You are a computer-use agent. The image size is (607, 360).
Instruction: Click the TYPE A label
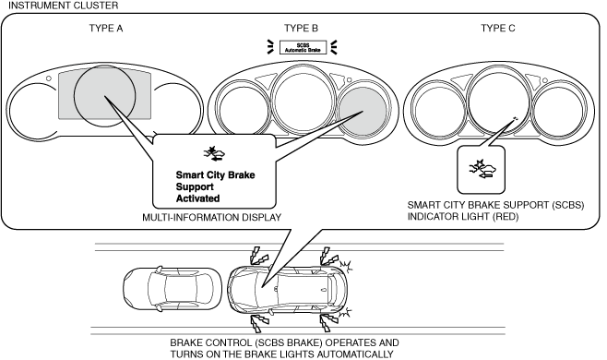pyautogui.click(x=106, y=29)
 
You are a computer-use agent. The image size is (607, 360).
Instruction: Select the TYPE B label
pyautogui.click(x=301, y=29)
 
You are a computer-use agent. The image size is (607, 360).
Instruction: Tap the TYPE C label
pyautogui.click(x=498, y=29)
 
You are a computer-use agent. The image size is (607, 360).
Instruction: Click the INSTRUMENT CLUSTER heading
pyautogui.click(x=63, y=6)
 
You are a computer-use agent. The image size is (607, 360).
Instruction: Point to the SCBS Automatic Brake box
pyautogui.click(x=303, y=47)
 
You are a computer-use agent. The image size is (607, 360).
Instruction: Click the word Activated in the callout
pyautogui.click(x=197, y=198)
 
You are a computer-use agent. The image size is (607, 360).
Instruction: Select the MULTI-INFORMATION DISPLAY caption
pyautogui.click(x=212, y=218)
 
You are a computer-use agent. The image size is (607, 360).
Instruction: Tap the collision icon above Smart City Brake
pyautogui.click(x=215, y=153)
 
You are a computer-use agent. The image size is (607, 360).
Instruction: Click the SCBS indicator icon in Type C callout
pyautogui.click(x=482, y=169)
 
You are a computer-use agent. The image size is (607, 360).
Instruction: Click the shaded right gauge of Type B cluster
pyautogui.click(x=363, y=110)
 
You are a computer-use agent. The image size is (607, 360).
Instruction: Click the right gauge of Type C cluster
pyautogui.click(x=558, y=110)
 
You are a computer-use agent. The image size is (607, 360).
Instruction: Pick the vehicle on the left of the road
pyautogui.click(x=173, y=288)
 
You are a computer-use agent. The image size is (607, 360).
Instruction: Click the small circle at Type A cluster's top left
pyautogui.click(x=49, y=78)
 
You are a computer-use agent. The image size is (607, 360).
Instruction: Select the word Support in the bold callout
pyautogui.click(x=195, y=186)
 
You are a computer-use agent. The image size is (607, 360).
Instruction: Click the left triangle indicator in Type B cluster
pyautogui.click(x=265, y=81)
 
